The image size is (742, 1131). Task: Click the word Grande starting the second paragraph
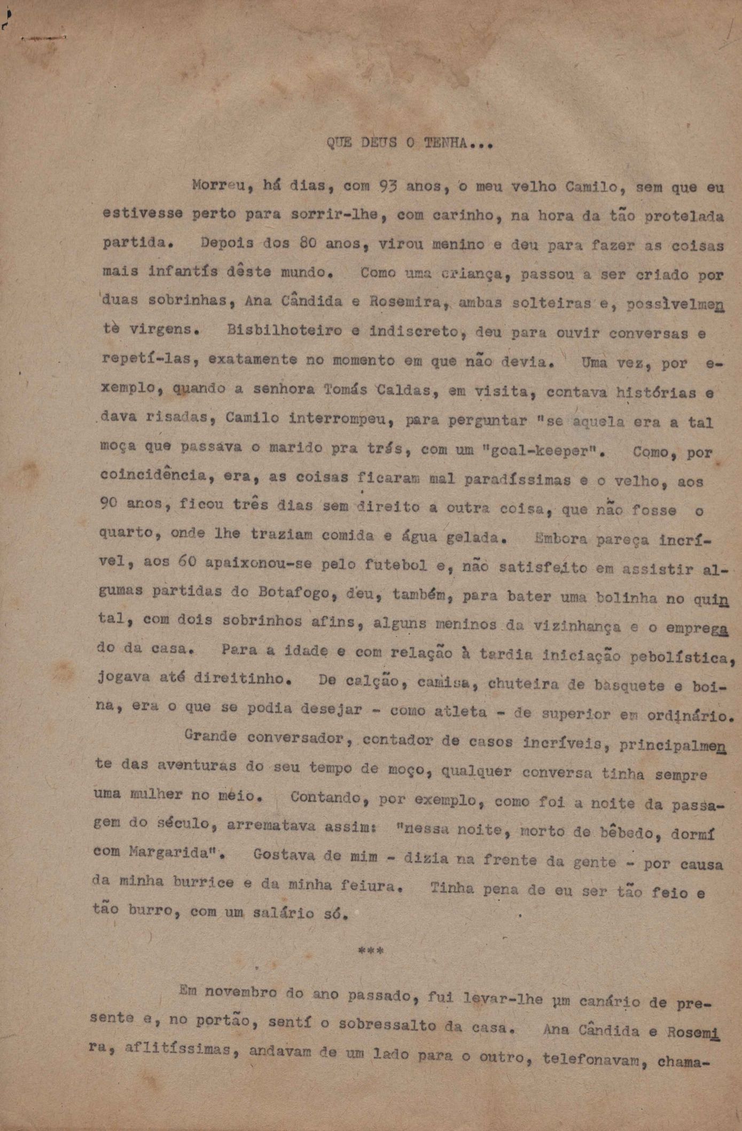(210, 737)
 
